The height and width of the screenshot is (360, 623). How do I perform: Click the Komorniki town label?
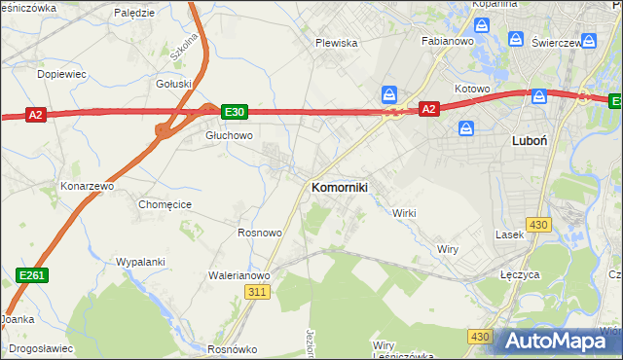tap(339, 187)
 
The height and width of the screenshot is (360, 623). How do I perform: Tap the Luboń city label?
tap(529, 140)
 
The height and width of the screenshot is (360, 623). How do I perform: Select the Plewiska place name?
tap(337, 43)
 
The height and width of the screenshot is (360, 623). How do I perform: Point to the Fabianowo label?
tap(447, 42)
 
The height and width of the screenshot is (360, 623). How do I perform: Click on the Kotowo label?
tap(472, 89)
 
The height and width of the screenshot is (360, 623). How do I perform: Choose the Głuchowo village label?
tap(229, 136)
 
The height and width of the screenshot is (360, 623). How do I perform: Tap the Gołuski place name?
tap(174, 85)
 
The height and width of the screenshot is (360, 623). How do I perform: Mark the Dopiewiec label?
tap(61, 74)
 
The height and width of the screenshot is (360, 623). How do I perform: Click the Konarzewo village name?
tap(88, 185)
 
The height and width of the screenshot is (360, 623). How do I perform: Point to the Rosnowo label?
tap(260, 233)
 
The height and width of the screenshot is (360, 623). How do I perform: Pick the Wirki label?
tap(404, 212)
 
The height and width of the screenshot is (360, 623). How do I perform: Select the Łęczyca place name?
tap(520, 275)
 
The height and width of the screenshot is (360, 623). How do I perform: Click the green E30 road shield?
tap(235, 112)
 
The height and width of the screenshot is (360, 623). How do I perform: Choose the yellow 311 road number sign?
tap(257, 292)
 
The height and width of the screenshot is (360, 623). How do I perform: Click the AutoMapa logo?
tap(559, 342)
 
